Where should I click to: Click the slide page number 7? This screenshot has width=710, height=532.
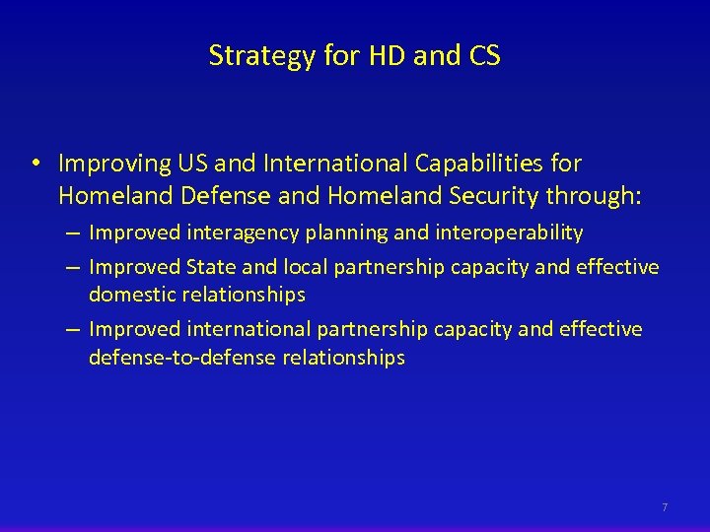coord(665,507)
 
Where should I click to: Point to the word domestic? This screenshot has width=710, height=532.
coord(129,295)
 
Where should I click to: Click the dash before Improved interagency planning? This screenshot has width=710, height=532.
coord(75,233)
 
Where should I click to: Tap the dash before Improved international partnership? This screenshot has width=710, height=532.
coord(75,329)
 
